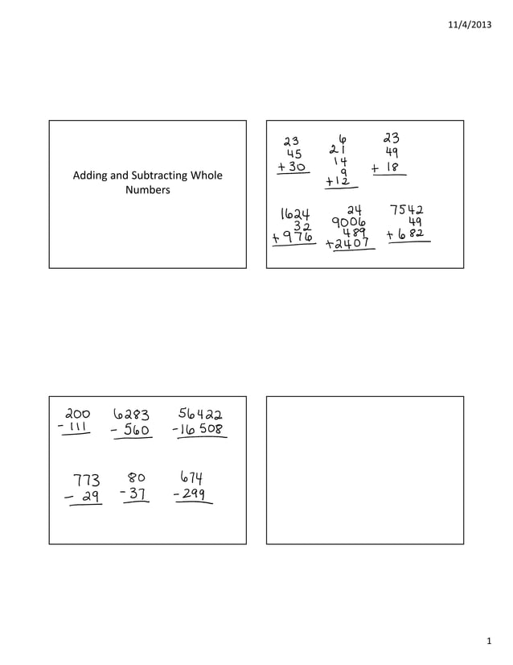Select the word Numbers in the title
click(x=147, y=191)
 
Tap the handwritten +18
click(x=387, y=168)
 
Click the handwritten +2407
click(x=349, y=242)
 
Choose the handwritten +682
click(x=406, y=234)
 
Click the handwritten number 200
click(x=79, y=415)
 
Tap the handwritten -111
click(x=77, y=429)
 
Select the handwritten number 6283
click(x=131, y=415)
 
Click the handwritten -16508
click(x=199, y=430)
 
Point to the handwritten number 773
click(x=86, y=481)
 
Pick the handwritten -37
click(x=133, y=494)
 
